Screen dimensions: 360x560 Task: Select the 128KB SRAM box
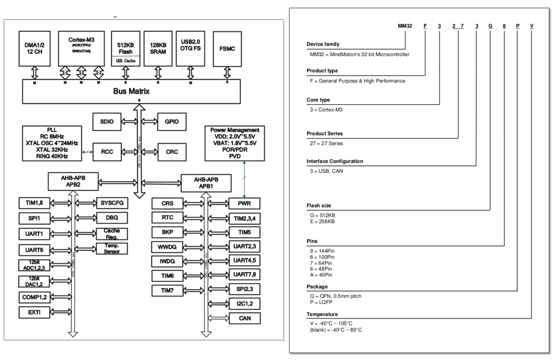158,48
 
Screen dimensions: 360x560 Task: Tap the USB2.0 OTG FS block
190,48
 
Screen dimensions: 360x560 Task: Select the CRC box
172,152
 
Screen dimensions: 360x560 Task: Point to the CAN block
244,318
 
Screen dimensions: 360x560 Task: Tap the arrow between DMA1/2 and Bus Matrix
35,72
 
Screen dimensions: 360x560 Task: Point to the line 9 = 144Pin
322,251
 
